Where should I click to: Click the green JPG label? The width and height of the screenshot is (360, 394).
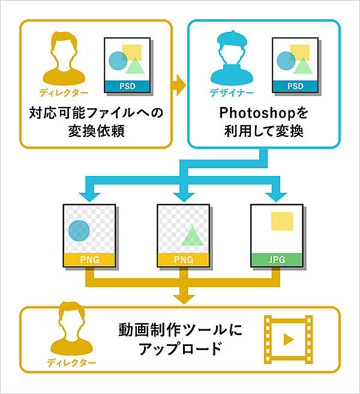277,259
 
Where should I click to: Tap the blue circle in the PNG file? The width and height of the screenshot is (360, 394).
79,230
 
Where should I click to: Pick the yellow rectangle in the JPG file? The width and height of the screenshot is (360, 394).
282,221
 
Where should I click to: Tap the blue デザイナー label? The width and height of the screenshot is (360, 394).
231,93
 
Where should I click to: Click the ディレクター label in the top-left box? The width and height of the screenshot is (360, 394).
64,93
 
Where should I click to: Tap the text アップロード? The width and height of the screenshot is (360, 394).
180,349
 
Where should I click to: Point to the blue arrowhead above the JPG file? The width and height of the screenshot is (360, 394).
277,195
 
